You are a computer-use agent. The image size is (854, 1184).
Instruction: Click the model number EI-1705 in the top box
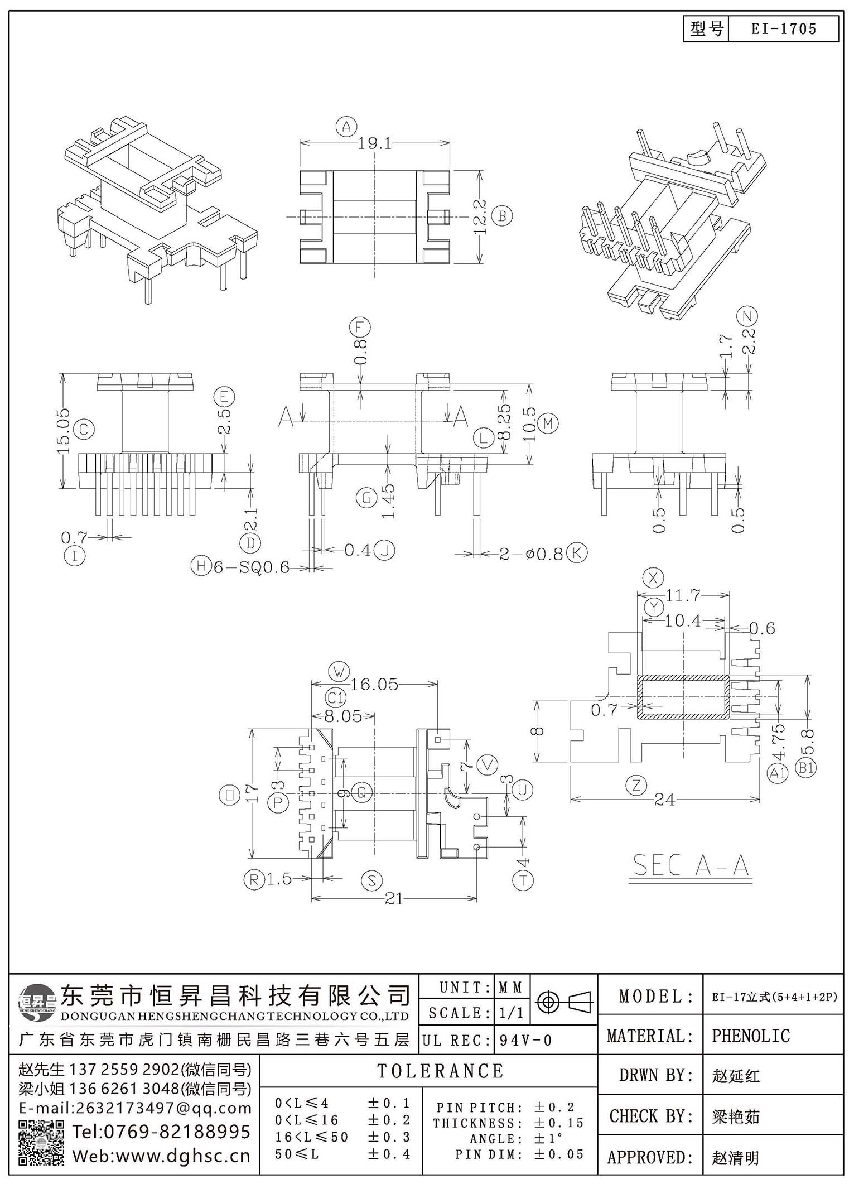tap(784, 29)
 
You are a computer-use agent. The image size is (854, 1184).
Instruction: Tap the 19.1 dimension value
tap(375, 143)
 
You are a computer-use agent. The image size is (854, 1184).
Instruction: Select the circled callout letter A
tap(346, 127)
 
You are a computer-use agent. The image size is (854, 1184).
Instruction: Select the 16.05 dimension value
tap(374, 684)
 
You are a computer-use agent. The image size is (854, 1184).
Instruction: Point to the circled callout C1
tap(336, 697)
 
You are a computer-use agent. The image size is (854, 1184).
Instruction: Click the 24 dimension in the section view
tap(664, 800)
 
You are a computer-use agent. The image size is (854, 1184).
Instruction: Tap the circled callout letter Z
tap(636, 786)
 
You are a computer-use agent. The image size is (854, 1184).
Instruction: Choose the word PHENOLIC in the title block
tap(751, 1036)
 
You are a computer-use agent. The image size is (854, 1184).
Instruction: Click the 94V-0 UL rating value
tap(525, 1040)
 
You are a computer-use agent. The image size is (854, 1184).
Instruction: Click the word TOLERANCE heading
tap(441, 1071)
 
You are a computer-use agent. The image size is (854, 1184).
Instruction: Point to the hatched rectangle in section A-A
tap(683, 696)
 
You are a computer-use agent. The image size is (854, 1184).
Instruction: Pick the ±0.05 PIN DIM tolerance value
tap(558, 1154)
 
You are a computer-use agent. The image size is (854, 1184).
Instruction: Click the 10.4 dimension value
tap(683, 620)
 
